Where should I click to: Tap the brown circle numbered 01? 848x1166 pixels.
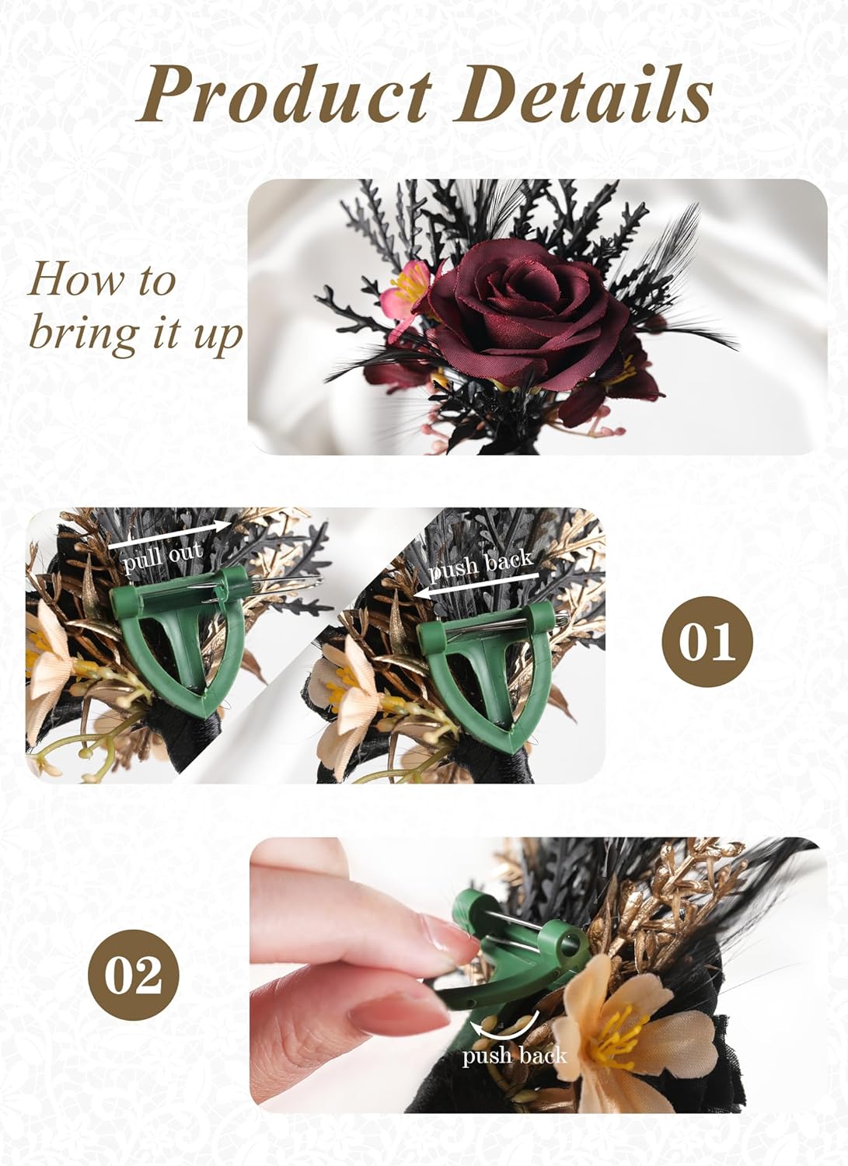point(707,641)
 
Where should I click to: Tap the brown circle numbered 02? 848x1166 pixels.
point(141,975)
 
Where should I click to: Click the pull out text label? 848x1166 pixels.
point(163,557)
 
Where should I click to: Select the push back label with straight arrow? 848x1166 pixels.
point(481,565)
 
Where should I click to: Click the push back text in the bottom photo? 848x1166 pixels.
point(514,1056)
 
